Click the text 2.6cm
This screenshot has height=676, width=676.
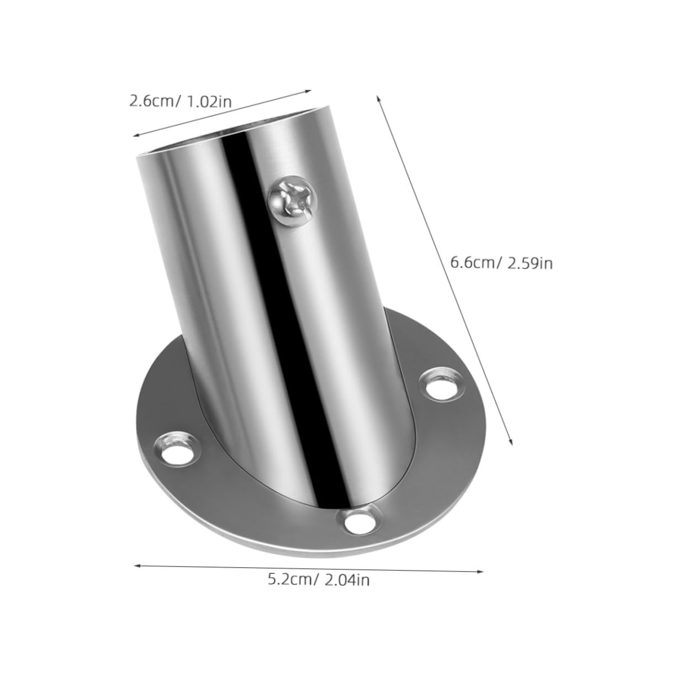pyautogui.click(x=150, y=101)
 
